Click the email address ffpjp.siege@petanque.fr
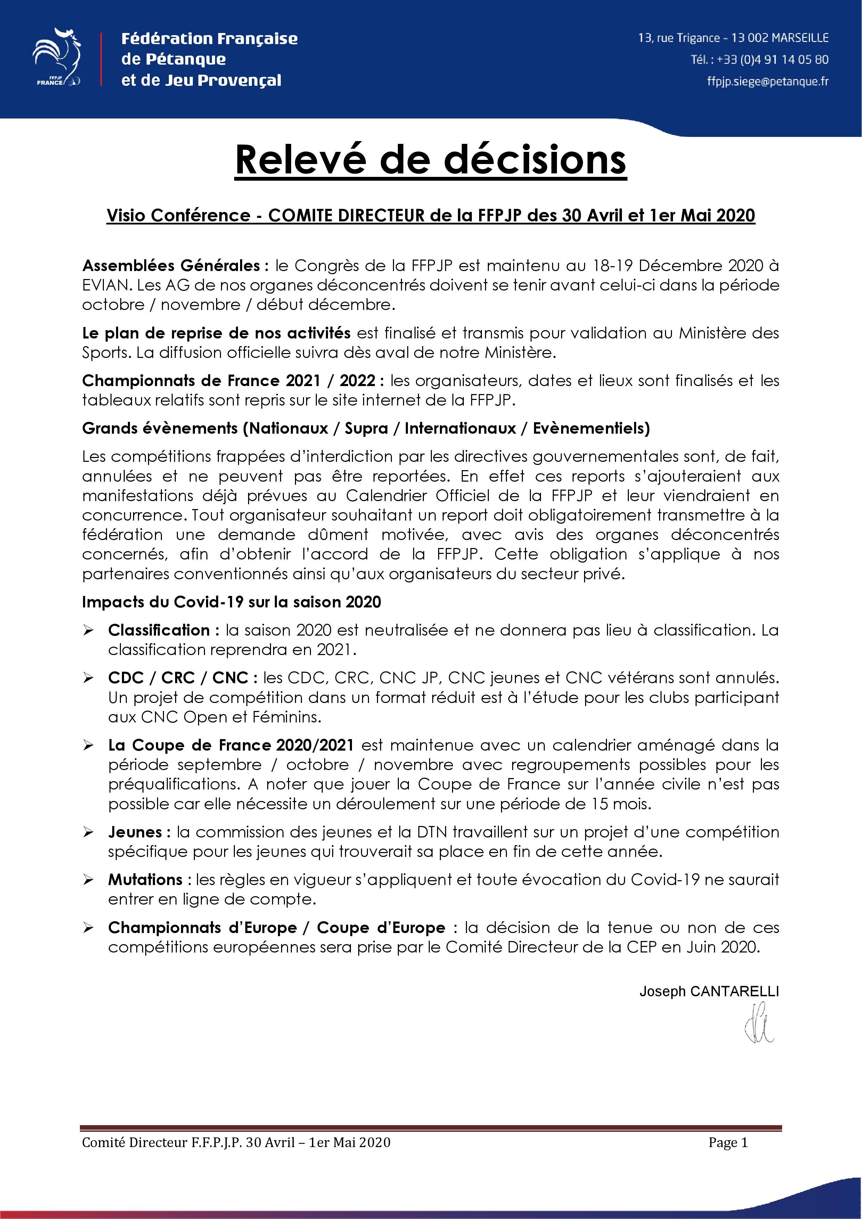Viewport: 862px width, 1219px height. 767,81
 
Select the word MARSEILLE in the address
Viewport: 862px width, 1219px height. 800,38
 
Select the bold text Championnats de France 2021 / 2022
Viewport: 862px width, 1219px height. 229,381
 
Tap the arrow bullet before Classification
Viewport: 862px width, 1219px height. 88,630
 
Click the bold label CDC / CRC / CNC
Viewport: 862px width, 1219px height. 178,678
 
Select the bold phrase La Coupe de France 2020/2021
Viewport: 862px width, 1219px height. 231,745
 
